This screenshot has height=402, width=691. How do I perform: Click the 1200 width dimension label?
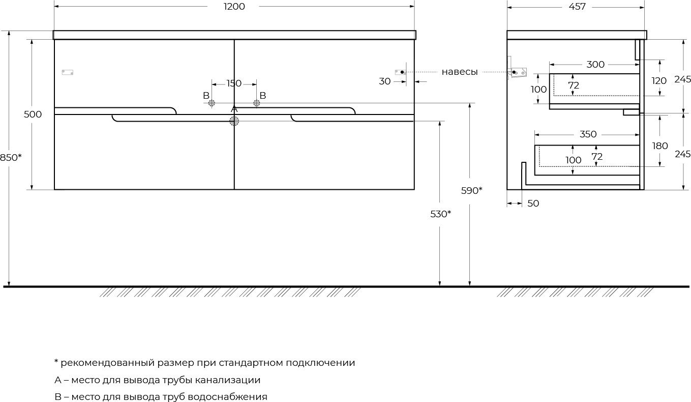(234, 7)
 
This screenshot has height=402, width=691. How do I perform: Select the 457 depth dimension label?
(577, 7)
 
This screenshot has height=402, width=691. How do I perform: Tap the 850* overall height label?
(11, 157)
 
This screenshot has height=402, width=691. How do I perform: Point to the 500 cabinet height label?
(33, 114)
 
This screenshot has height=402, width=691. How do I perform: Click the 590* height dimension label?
(471, 190)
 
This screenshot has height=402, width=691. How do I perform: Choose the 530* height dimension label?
(440, 214)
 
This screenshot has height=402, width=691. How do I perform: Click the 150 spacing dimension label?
(234, 83)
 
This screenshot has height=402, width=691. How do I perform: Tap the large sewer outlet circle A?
(234, 121)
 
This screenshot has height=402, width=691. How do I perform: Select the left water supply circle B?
(212, 103)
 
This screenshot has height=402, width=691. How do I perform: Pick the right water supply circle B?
(257, 103)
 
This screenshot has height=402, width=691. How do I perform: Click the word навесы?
(460, 72)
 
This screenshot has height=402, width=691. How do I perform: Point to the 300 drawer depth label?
(595, 65)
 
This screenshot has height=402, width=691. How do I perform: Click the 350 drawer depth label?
(588, 134)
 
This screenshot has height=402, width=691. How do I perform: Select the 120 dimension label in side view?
(659, 81)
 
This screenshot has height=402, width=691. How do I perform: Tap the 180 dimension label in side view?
(660, 146)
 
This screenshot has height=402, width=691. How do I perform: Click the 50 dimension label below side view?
(533, 204)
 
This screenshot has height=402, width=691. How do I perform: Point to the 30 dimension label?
(385, 81)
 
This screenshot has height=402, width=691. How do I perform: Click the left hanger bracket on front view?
(68, 72)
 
